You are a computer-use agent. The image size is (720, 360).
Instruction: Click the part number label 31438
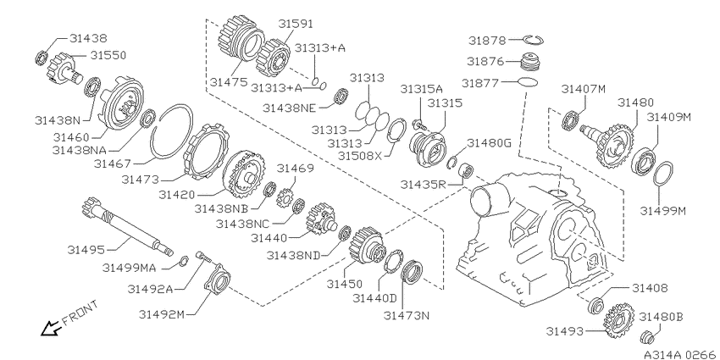click(88, 38)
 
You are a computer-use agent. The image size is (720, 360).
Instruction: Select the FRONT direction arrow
click(51, 328)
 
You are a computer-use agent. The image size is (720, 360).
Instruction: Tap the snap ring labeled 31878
click(534, 41)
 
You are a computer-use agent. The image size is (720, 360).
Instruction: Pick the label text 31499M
click(662, 211)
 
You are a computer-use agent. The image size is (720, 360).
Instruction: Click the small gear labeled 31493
click(619, 321)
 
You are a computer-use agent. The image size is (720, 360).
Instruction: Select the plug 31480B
click(647, 337)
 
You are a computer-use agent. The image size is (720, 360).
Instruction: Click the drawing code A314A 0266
click(679, 354)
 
